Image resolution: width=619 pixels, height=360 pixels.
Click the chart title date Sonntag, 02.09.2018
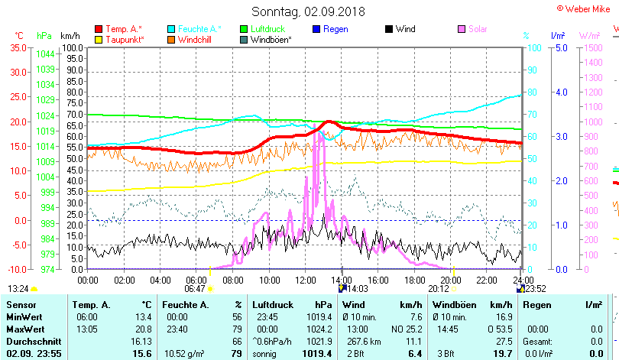click(x=309, y=11)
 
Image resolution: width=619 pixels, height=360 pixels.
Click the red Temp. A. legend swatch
click(x=99, y=29)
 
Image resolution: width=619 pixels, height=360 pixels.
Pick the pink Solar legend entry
click(x=478, y=29)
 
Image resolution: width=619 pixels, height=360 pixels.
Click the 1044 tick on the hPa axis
click(x=45, y=54)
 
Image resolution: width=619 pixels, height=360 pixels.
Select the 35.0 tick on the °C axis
click(x=18, y=47)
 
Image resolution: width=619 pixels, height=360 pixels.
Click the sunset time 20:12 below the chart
click(x=438, y=289)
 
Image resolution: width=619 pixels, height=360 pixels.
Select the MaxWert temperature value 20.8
click(x=144, y=328)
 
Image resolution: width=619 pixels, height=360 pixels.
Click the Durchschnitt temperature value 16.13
click(x=141, y=341)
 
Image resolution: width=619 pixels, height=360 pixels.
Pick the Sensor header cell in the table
click(x=17, y=305)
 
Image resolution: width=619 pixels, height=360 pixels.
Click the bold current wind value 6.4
click(x=394, y=353)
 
